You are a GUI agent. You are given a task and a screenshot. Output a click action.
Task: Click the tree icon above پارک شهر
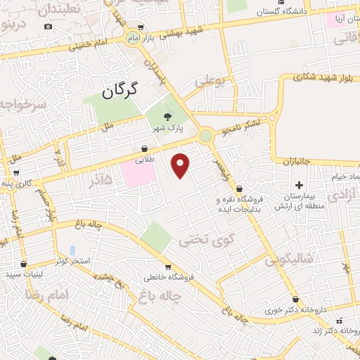(x=167, y=117)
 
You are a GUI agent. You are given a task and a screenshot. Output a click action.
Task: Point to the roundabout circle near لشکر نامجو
(x=205, y=136)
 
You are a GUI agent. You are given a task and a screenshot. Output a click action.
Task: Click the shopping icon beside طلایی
(x=145, y=149)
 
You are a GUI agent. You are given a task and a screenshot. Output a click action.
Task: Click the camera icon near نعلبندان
(x=47, y=26)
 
